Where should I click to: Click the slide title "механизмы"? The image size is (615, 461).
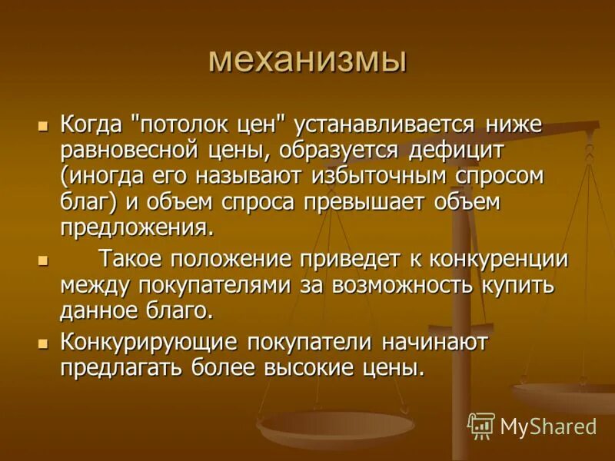pos(307,60)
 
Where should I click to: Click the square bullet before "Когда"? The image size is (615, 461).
pos(44,123)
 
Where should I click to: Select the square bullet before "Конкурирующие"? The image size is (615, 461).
pos(44,341)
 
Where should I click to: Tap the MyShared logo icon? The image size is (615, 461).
pos(480,425)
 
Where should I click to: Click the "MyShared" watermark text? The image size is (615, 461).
pos(548,426)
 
